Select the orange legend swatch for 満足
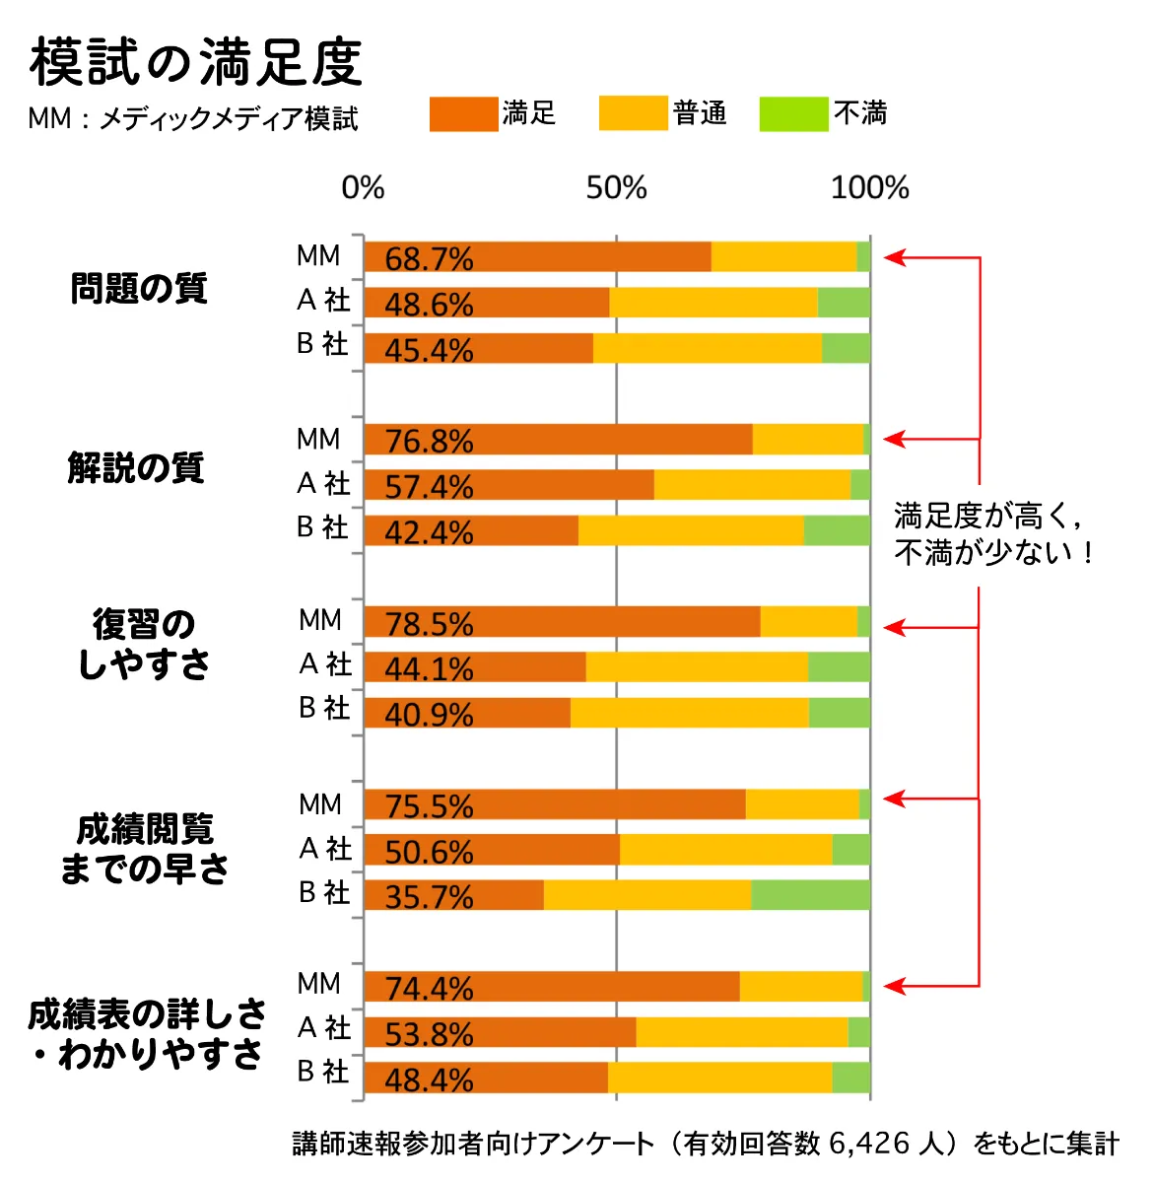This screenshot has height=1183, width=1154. pyautogui.click(x=463, y=114)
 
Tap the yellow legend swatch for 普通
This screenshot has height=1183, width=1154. pyautogui.click(x=633, y=114)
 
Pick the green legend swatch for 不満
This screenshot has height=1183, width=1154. pyautogui.click(x=793, y=114)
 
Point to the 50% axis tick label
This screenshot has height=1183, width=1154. pyautogui.click(x=616, y=188)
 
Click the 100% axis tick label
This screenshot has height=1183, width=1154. pyautogui.click(x=869, y=188)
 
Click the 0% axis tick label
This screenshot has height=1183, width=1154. pyautogui.click(x=363, y=188)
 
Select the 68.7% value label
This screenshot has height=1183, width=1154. pyautogui.click(x=429, y=258)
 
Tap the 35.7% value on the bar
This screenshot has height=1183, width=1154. pyautogui.click(x=429, y=896)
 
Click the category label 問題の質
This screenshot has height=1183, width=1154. pyautogui.click(x=139, y=289)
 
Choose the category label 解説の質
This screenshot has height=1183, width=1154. pyautogui.click(x=136, y=467)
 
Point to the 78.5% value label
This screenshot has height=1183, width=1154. pyautogui.click(x=429, y=623)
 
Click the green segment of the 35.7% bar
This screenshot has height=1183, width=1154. pyautogui.click(x=810, y=895)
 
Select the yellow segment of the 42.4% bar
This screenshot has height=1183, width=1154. pyautogui.click(x=690, y=530)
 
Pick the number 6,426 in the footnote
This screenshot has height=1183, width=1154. pyautogui.click(x=869, y=1144)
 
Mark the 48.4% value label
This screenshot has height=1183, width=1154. pyautogui.click(x=429, y=1079)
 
